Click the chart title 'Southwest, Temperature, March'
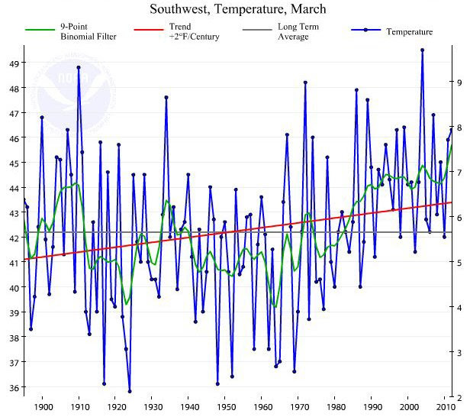(x=237, y=10)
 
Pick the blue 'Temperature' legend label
(x=410, y=32)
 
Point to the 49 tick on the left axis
(x=14, y=63)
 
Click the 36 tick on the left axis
(x=14, y=388)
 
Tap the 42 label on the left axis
(x=14, y=238)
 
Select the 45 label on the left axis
(x=14, y=163)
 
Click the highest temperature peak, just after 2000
(x=422, y=50)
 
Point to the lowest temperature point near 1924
(x=130, y=391)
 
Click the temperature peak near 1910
(x=79, y=67)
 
